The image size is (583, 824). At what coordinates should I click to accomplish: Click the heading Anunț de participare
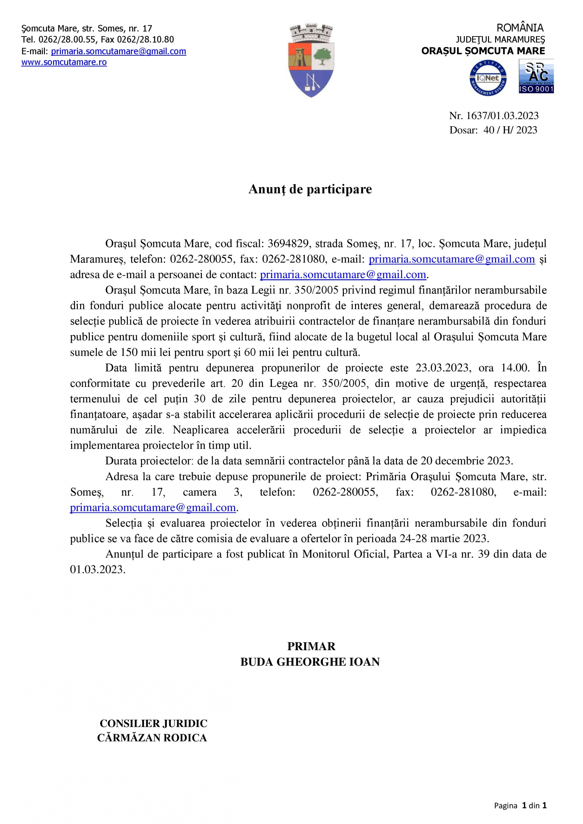(310, 189)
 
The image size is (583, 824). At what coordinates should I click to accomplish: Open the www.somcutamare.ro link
(64, 62)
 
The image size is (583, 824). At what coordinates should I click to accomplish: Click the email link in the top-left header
(118, 51)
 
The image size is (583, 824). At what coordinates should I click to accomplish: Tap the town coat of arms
(311, 60)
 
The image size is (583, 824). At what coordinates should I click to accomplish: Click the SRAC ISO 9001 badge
(536, 76)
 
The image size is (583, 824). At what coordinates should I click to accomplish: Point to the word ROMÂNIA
(520, 28)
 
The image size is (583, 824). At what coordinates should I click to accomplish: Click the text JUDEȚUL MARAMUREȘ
(500, 40)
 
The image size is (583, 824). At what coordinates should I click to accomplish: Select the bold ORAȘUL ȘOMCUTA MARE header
(483, 51)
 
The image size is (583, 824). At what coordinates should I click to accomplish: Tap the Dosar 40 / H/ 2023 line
(493, 130)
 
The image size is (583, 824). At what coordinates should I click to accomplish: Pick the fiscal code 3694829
(288, 244)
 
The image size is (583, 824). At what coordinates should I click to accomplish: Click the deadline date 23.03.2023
(442, 368)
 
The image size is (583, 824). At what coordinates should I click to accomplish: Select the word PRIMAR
(311, 646)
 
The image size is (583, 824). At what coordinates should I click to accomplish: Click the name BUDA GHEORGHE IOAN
(310, 662)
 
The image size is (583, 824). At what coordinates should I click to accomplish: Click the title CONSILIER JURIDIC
(153, 723)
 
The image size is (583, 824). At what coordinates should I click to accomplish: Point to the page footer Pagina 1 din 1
(520, 806)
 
